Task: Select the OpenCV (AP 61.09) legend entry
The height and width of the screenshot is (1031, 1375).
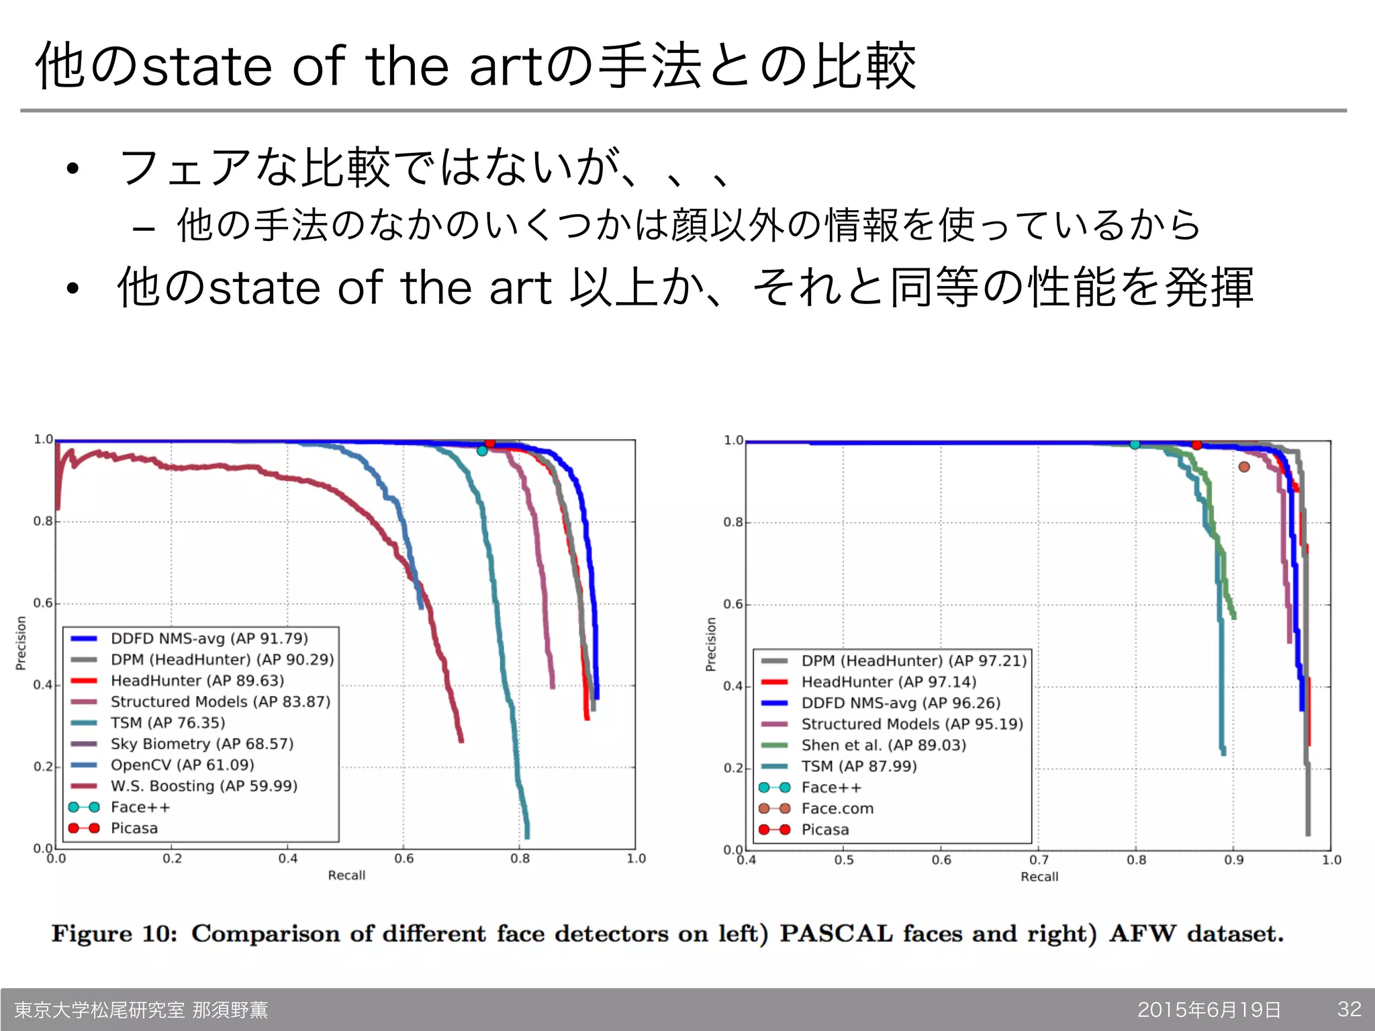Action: pyautogui.click(x=182, y=765)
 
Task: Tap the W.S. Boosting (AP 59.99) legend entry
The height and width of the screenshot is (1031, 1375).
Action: pyautogui.click(x=203, y=786)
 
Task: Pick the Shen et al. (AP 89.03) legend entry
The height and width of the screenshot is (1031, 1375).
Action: pyautogui.click(x=883, y=745)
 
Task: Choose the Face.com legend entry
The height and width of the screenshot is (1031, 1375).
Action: pyautogui.click(x=837, y=809)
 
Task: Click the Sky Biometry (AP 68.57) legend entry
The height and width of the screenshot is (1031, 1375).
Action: pyautogui.click(x=201, y=744)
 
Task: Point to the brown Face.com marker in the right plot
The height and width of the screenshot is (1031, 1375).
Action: pyautogui.click(x=1244, y=467)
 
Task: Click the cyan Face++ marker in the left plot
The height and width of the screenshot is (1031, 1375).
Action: pyautogui.click(x=482, y=451)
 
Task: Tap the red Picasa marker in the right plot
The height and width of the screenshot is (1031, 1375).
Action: pyautogui.click(x=1197, y=445)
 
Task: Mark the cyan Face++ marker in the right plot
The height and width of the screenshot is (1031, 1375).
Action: pyautogui.click(x=1135, y=444)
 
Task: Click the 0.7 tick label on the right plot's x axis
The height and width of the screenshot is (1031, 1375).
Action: pyautogui.click(x=1039, y=860)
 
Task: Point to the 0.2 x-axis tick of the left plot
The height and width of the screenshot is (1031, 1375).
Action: pyautogui.click(x=172, y=858)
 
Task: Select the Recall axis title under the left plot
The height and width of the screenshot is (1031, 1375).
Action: pyautogui.click(x=346, y=875)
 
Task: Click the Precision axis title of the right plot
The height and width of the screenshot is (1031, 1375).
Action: pyautogui.click(x=711, y=644)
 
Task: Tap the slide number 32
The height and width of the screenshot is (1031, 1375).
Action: pyautogui.click(x=1349, y=1009)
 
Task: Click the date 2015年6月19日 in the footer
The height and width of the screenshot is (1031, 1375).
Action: pyautogui.click(x=1209, y=1010)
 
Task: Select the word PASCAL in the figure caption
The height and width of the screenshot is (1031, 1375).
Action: pyautogui.click(x=836, y=934)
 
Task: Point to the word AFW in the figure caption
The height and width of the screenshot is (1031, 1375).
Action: pyautogui.click(x=1142, y=934)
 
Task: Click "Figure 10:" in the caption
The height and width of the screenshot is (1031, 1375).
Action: pyautogui.click(x=115, y=934)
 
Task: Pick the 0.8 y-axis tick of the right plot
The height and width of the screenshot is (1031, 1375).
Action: pyautogui.click(x=733, y=522)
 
